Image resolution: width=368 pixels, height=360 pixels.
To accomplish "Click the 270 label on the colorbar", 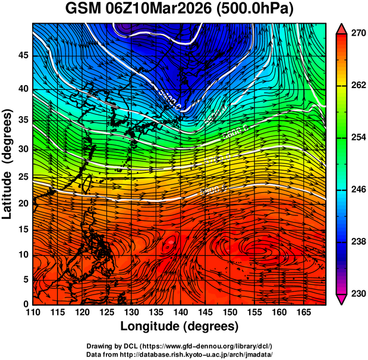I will click(358, 33).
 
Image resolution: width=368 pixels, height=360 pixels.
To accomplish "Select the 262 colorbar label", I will click(358, 85).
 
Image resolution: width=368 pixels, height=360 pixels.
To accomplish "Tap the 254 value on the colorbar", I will click(358, 137).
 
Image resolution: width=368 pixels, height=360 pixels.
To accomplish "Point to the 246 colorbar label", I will click(358, 189).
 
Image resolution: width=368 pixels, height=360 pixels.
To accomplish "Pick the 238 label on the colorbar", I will click(358, 242).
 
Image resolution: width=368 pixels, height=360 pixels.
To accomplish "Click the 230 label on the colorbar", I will click(358, 293).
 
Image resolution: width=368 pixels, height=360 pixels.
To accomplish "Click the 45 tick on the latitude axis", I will click(23, 55).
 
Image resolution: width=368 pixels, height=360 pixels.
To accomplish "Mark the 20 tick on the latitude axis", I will click(23, 203).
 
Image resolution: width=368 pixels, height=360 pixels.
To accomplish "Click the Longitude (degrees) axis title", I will click(180, 326).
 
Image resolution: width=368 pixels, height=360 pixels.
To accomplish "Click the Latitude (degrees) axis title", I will click(8, 164).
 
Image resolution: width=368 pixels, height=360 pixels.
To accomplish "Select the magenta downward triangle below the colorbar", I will click(342, 299).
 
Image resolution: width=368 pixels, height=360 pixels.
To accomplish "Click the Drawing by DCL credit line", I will click(179, 346).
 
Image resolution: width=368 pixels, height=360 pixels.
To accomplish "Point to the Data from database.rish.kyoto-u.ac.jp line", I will click(179, 354).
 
